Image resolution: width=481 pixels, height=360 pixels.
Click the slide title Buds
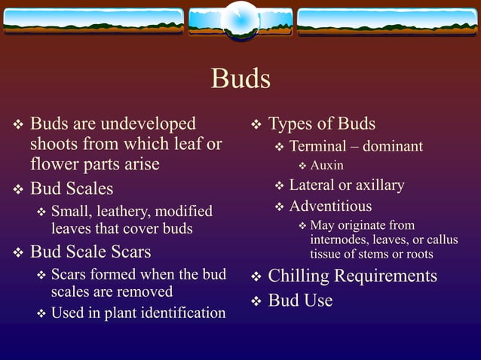[x=240, y=78]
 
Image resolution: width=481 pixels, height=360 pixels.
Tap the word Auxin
[x=326, y=166]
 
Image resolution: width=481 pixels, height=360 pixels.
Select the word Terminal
[x=317, y=146]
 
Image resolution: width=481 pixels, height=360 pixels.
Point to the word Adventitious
[x=330, y=206]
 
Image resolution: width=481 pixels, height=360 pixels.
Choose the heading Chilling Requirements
[x=352, y=276]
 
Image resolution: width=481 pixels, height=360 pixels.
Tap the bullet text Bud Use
[x=300, y=301]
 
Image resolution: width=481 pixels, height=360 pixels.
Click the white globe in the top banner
[x=240, y=18]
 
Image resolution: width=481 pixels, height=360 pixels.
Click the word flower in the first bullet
[x=57, y=163]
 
